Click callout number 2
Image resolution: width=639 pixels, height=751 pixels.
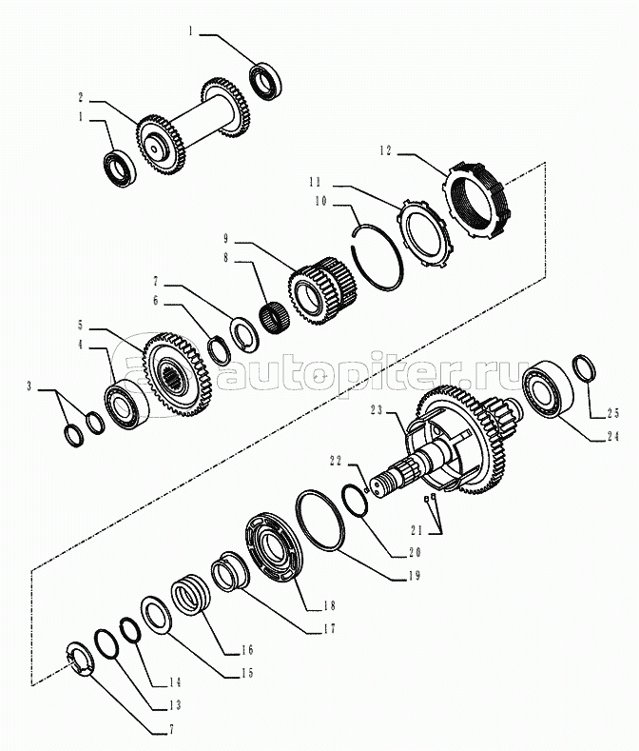[x=81, y=96]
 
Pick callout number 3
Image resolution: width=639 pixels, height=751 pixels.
[x=29, y=386]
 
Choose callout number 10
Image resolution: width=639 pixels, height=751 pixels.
[x=320, y=201]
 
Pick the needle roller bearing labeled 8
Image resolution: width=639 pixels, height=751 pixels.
[x=275, y=316]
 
